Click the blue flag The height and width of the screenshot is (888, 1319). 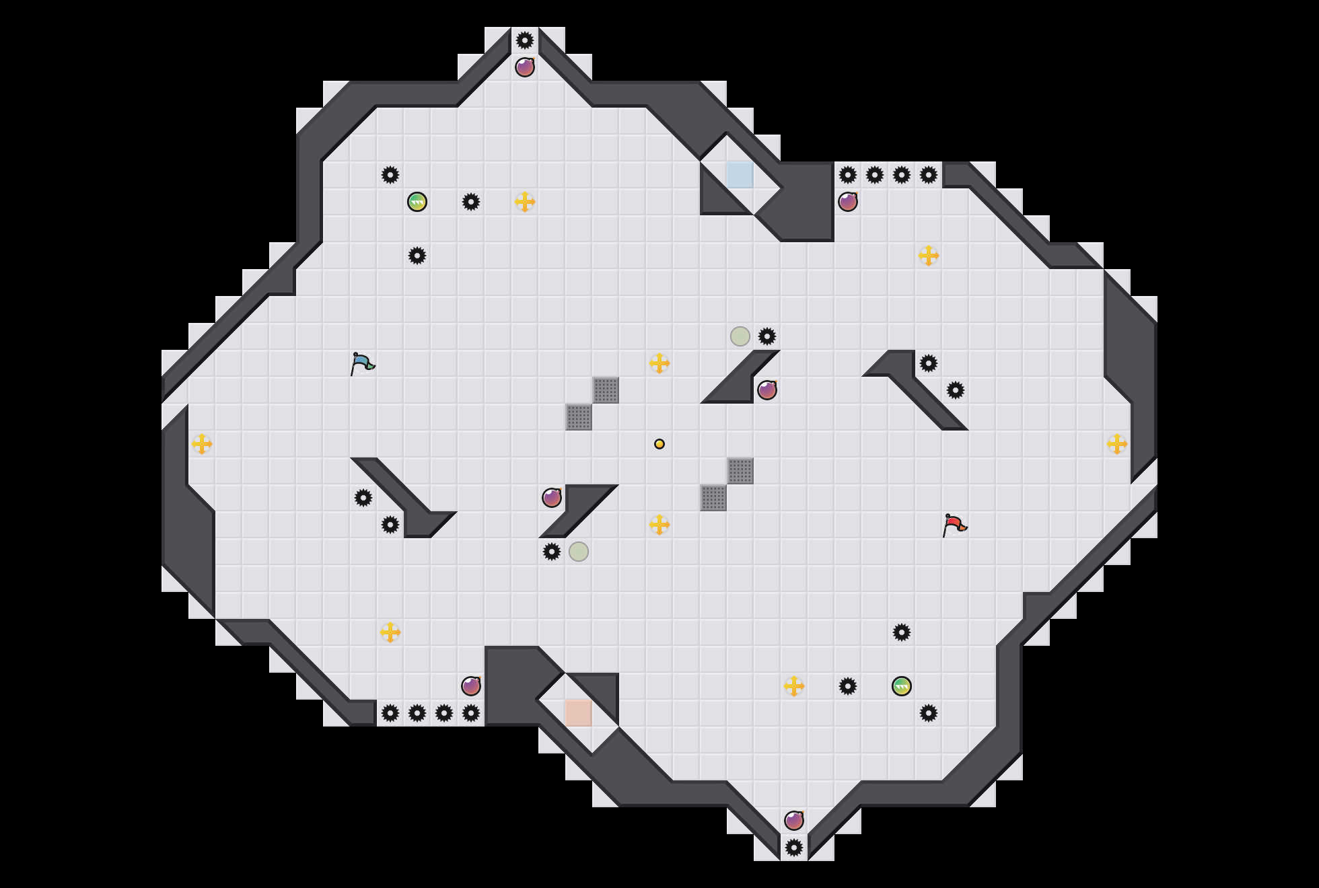[361, 363]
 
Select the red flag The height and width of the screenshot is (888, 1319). [954, 525]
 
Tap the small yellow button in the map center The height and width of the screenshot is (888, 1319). [659, 444]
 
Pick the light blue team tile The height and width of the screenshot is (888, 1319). [740, 175]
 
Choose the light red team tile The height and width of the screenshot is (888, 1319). [579, 713]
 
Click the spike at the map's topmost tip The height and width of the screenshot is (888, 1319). [525, 40]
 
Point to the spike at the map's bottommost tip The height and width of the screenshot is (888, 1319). [794, 848]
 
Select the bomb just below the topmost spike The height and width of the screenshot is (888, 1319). [525, 67]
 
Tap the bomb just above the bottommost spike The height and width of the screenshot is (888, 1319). [794, 821]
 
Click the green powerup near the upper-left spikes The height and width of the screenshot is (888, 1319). [417, 202]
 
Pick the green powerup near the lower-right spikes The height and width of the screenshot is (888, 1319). [902, 686]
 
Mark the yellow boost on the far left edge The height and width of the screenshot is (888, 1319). [202, 444]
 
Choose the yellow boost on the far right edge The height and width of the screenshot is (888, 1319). [1117, 444]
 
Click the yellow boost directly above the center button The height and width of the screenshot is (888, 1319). [659, 363]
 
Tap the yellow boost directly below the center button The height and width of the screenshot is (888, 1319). [659, 525]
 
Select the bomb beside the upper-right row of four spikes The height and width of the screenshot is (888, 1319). [848, 202]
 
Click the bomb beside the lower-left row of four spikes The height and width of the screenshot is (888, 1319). [471, 686]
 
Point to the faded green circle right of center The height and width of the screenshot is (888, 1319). [740, 336]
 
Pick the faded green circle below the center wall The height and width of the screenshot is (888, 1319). [579, 552]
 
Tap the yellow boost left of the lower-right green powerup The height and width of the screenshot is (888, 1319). [794, 686]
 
